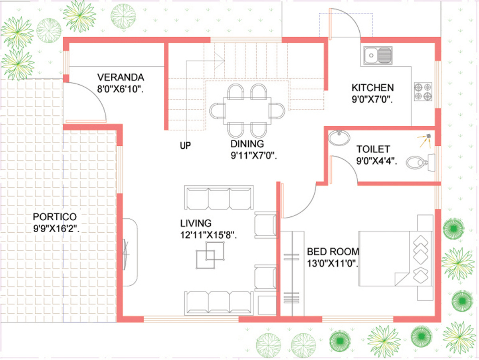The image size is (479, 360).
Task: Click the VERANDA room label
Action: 121,77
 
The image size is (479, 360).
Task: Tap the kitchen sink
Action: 378,55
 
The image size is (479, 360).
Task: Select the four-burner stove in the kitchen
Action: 423,92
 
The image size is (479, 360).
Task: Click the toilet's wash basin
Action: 339,138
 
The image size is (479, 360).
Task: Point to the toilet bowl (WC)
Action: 420,162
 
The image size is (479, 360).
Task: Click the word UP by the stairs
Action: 185,145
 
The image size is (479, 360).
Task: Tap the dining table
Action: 247,111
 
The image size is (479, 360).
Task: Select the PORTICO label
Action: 55,217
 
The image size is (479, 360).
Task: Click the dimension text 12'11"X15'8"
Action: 208,235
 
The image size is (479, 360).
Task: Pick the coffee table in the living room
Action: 210,255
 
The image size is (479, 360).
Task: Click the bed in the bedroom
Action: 396,259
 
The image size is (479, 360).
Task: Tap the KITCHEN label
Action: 373,88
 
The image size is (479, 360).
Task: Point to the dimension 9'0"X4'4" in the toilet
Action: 377,161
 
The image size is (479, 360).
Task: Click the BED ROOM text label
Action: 333,251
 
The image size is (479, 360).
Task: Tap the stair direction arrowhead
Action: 219,61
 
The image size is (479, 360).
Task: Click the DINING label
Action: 247,144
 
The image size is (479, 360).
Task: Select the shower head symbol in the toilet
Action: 425,141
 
